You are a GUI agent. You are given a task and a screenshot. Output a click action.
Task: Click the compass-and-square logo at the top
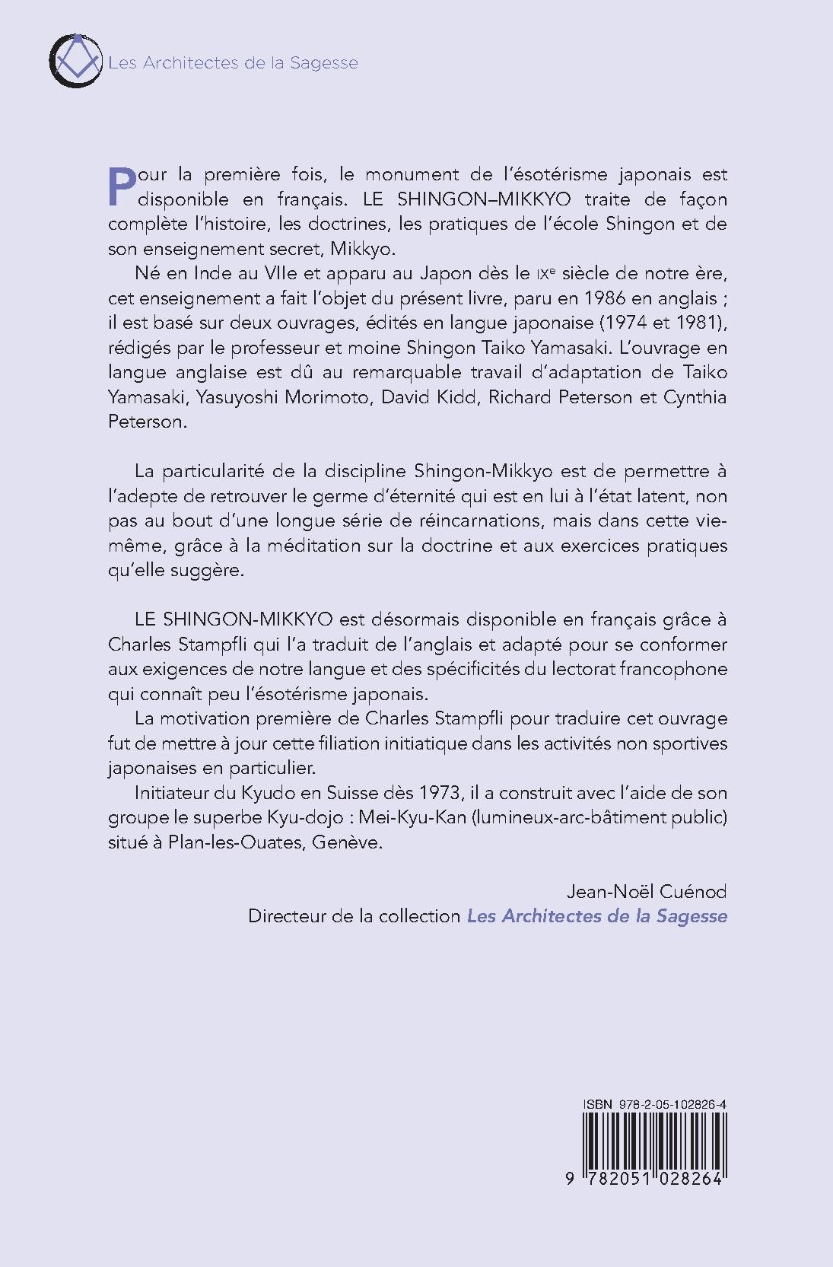click(x=75, y=60)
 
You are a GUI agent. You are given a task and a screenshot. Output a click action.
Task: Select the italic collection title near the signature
click(x=597, y=916)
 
